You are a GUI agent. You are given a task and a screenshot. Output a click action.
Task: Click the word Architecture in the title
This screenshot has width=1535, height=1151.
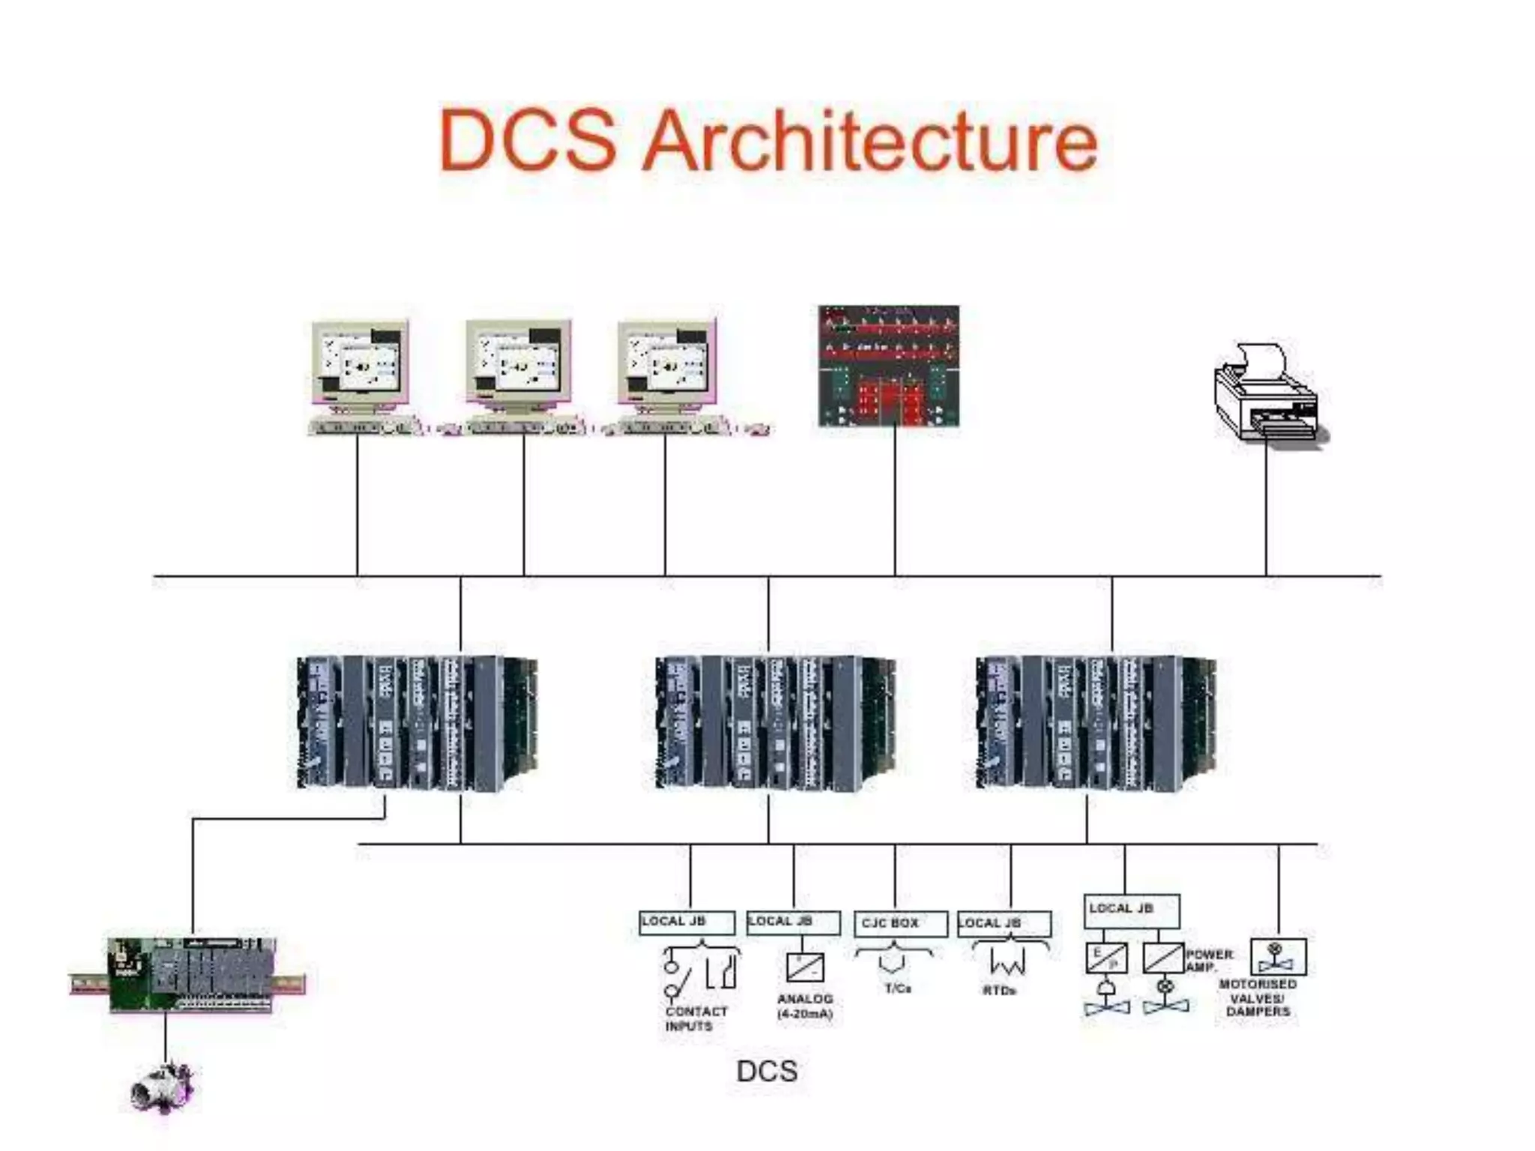click(x=870, y=141)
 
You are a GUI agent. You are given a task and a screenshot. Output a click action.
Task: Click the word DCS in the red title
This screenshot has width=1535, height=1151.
click(x=528, y=141)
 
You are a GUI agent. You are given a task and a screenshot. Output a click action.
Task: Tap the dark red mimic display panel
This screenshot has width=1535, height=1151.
click(x=888, y=366)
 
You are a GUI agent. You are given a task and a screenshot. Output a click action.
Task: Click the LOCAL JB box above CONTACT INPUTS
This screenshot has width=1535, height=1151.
click(x=687, y=922)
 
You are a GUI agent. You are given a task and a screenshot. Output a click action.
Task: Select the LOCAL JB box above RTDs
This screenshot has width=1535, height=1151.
click(x=1004, y=923)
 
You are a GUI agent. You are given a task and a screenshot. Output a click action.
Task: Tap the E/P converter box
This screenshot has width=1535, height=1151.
click(x=1106, y=958)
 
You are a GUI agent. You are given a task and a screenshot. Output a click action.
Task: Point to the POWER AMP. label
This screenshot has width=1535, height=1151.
click(x=1208, y=960)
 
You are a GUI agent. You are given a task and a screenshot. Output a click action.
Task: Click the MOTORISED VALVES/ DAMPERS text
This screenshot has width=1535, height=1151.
click(x=1258, y=998)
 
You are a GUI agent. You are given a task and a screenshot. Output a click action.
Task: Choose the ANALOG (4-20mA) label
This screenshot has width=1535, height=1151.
click(x=805, y=1006)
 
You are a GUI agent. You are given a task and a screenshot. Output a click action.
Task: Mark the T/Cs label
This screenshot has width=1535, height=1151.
click(x=897, y=988)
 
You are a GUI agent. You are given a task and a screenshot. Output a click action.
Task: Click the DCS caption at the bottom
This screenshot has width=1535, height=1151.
click(x=767, y=1071)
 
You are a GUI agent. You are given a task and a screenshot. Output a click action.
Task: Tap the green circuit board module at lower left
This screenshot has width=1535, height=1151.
click(x=192, y=975)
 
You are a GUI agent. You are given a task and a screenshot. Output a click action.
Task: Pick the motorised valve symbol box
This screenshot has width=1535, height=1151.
click(x=1278, y=957)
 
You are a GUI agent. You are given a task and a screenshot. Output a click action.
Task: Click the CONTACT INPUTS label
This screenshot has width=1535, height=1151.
click(x=695, y=1018)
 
